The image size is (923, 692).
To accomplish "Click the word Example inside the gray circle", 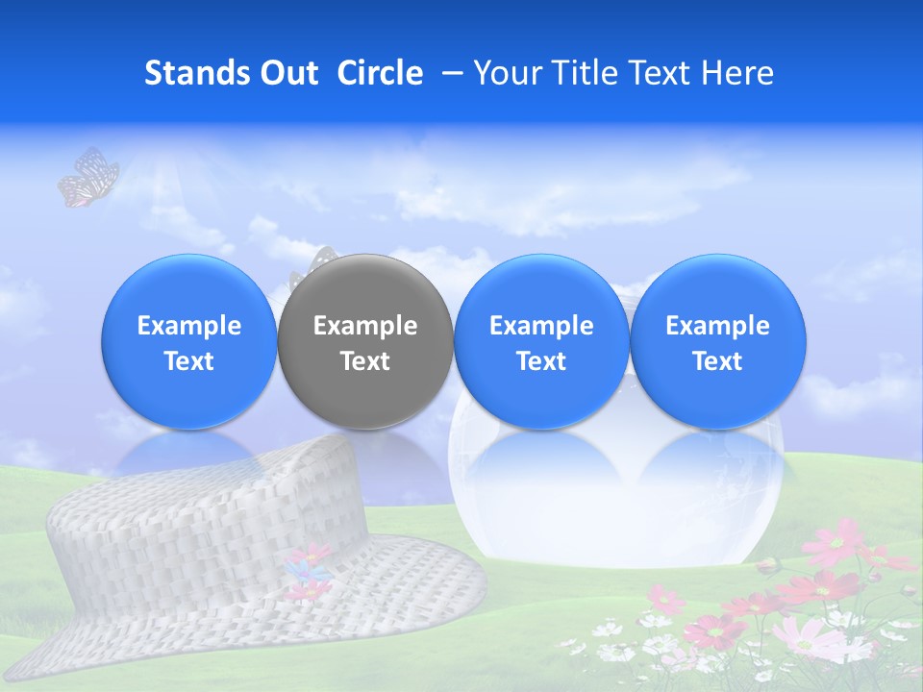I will (365, 326).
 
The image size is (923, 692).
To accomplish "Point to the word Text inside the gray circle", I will (365, 361).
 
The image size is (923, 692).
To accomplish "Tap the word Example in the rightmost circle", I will (717, 326).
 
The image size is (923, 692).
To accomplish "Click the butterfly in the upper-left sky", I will (88, 178).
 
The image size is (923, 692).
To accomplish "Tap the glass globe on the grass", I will (615, 509).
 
